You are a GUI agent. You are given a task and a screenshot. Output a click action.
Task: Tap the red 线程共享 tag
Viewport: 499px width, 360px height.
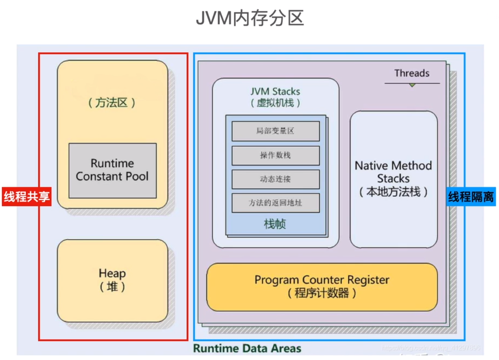tap(27, 197)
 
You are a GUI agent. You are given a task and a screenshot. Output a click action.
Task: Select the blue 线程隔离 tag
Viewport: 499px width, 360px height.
tap(471, 197)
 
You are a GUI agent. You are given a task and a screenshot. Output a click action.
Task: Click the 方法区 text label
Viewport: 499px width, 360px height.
tap(112, 103)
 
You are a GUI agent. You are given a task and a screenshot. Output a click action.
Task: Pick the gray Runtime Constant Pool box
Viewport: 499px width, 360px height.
tap(113, 170)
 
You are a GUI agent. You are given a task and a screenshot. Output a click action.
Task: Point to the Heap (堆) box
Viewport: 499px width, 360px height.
tap(112, 281)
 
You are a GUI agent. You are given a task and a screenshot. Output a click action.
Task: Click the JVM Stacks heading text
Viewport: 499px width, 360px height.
tap(275, 92)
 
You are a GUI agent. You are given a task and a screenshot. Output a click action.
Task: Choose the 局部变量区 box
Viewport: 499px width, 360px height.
tap(275, 131)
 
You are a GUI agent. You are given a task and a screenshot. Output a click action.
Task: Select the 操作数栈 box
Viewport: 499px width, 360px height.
tap(275, 155)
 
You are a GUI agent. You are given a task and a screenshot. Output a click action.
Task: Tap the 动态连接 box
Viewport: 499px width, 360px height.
tap(275, 179)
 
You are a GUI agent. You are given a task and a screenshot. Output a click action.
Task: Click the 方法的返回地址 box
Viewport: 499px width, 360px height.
tap(275, 203)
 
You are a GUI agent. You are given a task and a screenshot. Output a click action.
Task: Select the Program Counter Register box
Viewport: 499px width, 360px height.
tap(322, 287)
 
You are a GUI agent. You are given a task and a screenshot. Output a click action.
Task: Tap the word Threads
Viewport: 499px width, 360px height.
tap(412, 73)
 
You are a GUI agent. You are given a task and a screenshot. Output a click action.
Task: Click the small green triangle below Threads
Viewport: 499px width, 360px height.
tap(412, 85)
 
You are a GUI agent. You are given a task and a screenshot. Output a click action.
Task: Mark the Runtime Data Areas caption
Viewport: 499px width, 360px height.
tap(247, 348)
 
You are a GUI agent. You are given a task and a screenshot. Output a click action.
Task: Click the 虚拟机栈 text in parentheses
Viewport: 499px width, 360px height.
tap(276, 103)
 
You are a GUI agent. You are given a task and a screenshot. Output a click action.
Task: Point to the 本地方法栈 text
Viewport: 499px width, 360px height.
tap(393, 192)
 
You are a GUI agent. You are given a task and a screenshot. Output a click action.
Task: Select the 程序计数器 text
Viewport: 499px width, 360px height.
tap(322, 293)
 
